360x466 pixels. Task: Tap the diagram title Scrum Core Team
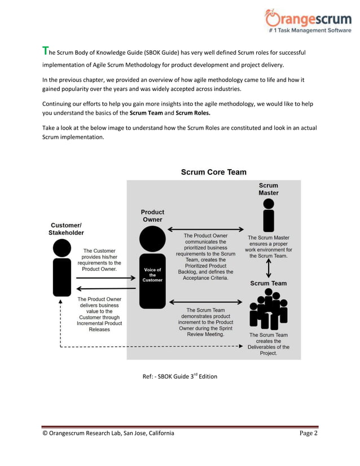click(213, 172)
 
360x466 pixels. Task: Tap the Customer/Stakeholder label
click(67, 228)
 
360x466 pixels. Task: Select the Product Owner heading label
click(152, 216)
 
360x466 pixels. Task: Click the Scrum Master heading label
click(269, 189)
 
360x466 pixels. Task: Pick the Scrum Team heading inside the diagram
click(268, 283)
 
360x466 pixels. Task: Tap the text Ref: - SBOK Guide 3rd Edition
click(179, 376)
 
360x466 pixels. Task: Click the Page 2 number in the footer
click(308, 433)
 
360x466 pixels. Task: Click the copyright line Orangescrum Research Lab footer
click(108, 433)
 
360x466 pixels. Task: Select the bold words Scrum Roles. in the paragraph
click(196, 113)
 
